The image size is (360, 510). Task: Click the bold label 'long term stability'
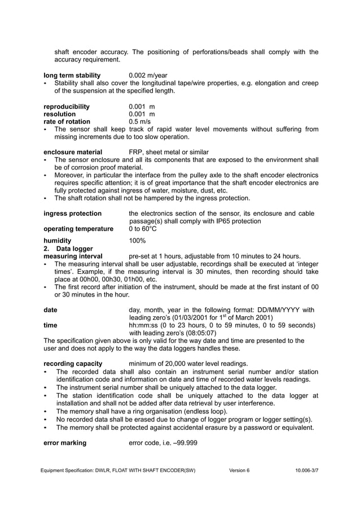click(72, 75)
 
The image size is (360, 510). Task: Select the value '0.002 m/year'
click(148, 75)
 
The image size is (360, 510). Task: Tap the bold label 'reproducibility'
click(66, 106)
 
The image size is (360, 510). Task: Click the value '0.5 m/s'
click(140, 121)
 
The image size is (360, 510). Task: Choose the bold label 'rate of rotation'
click(67, 121)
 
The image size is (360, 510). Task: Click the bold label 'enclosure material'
click(73, 152)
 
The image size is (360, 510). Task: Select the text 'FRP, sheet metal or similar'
click(169, 152)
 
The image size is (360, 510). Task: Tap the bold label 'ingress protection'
click(72, 213)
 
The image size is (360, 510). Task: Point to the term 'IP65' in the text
click(225, 221)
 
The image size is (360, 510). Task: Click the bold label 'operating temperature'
click(78, 229)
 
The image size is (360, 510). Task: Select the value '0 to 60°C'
click(143, 229)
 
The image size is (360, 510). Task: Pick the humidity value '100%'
click(137, 241)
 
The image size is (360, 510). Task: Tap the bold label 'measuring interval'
click(73, 256)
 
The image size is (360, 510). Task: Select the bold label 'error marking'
click(65, 443)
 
